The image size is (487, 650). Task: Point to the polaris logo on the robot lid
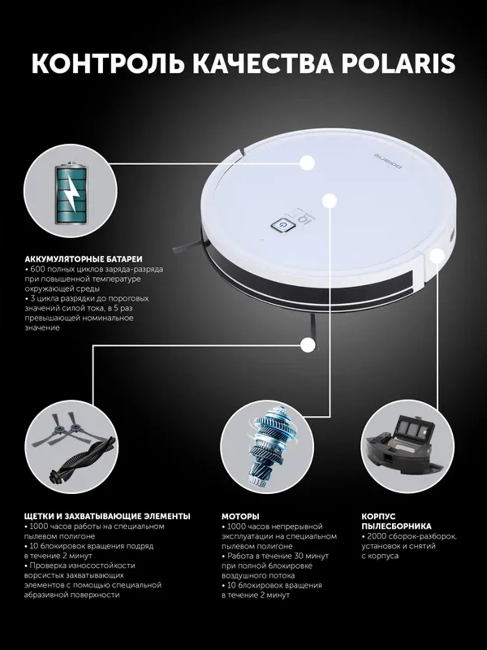coord(388,162)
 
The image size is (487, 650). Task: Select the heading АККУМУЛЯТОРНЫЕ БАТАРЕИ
coord(83,260)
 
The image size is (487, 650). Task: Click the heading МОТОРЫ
coord(240,517)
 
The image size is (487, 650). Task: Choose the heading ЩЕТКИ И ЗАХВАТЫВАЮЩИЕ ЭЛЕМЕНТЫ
coord(107,517)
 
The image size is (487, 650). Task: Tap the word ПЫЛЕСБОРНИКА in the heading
coord(396,526)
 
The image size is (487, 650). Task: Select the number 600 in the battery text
coord(37,270)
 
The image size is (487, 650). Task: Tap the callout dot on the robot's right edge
coord(437,256)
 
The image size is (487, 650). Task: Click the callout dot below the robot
coord(308,345)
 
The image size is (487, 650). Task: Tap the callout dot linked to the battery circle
coord(308,162)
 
